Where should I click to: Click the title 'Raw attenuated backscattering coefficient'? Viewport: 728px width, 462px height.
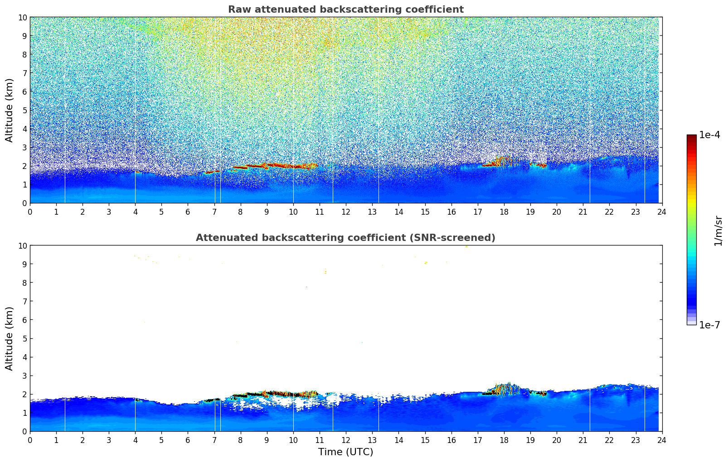click(x=345, y=10)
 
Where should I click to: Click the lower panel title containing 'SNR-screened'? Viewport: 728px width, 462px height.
click(x=345, y=238)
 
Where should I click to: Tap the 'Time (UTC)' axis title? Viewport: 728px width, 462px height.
click(x=345, y=452)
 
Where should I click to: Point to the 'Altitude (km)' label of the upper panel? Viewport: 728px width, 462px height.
click(x=10, y=110)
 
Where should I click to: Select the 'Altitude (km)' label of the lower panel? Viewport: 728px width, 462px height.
click(x=10, y=338)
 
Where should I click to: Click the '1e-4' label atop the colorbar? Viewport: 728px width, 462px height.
click(x=709, y=135)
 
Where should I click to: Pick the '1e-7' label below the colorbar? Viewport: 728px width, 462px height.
click(x=709, y=325)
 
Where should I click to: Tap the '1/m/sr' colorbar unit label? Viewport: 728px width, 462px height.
click(x=718, y=230)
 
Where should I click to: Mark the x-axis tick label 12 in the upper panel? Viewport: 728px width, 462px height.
click(x=346, y=212)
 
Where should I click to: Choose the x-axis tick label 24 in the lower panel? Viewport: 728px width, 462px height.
click(x=662, y=440)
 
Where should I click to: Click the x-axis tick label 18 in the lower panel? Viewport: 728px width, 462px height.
click(x=504, y=440)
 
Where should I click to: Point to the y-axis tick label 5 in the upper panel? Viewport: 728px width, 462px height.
click(x=24, y=110)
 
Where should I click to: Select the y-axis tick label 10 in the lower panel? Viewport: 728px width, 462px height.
click(x=23, y=245)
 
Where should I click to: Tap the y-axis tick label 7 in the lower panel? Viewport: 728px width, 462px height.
click(x=24, y=301)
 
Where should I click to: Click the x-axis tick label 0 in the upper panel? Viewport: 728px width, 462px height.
click(x=30, y=212)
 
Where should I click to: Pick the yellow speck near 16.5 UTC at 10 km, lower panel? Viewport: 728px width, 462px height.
click(x=466, y=246)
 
